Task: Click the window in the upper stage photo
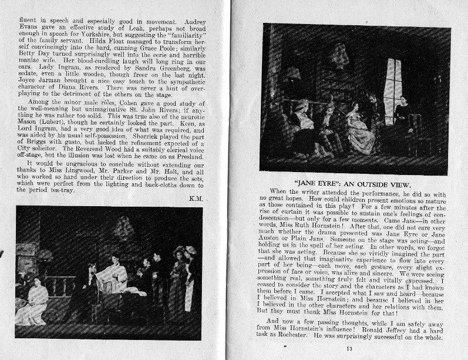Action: [x=393, y=86]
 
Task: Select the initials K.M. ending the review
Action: [x=196, y=198]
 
